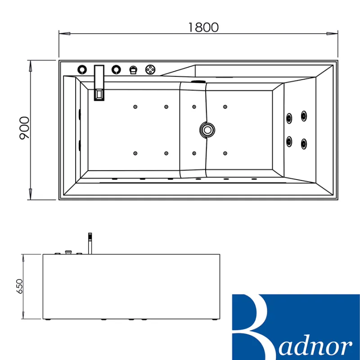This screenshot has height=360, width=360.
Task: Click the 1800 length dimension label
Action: [x=203, y=27]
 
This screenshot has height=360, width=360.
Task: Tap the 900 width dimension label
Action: [x=25, y=128]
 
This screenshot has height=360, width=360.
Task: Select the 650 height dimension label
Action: [x=19, y=286]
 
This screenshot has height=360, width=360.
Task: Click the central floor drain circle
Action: [x=207, y=130]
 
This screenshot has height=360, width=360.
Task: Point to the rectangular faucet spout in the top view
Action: [x=99, y=83]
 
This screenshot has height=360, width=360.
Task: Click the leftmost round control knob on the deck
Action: [x=82, y=69]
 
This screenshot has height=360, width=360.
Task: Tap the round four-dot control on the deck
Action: [x=150, y=69]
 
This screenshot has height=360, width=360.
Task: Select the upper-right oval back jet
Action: [x=304, y=116]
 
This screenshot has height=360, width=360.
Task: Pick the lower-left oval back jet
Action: [x=289, y=141]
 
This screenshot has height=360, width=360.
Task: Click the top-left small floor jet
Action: [x=135, y=107]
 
